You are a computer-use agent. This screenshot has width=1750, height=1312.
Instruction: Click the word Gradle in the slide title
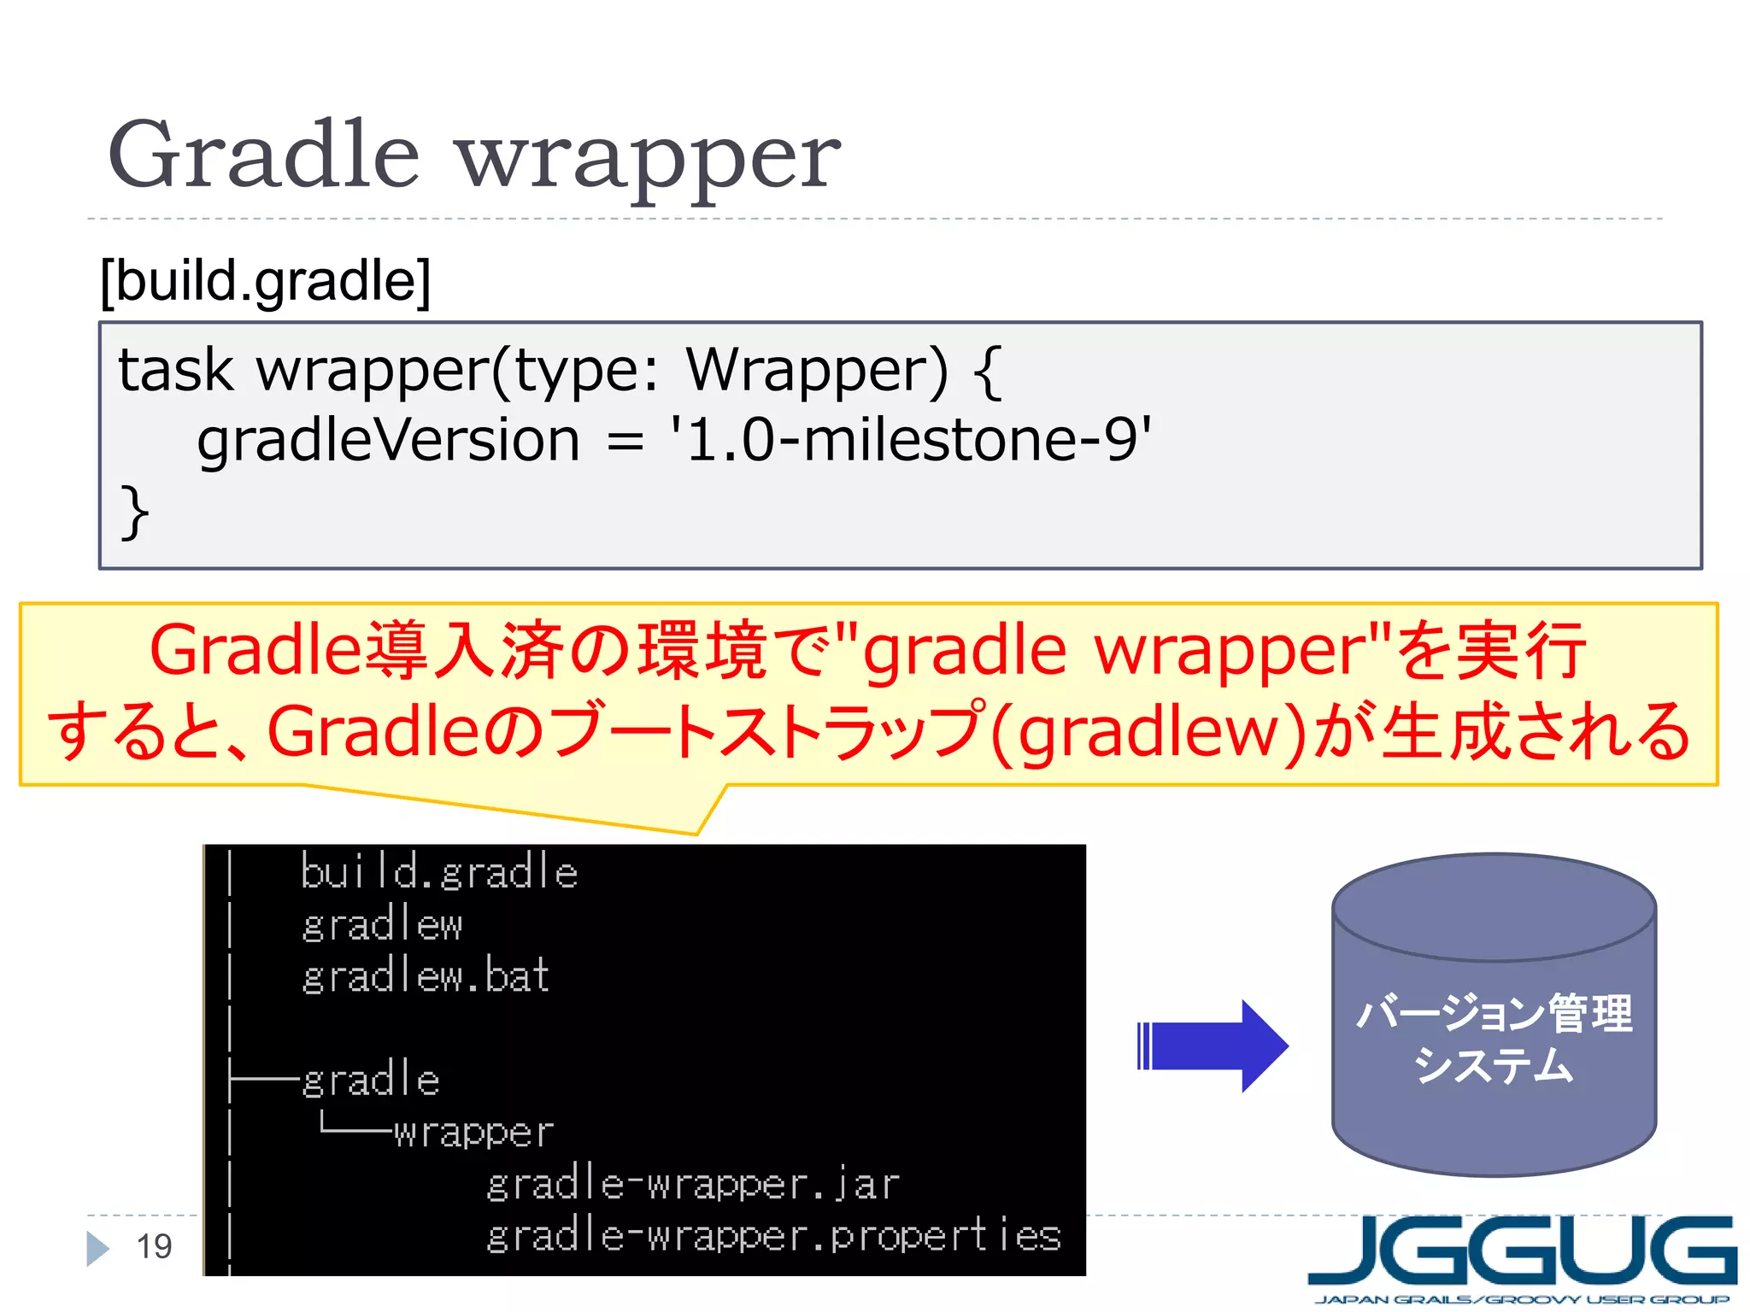[x=263, y=155]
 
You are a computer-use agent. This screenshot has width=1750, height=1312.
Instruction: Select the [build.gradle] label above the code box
[x=265, y=281]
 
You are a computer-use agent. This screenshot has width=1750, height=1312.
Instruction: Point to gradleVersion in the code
[x=389, y=441]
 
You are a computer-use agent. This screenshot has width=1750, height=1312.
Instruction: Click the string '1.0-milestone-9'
[x=911, y=441]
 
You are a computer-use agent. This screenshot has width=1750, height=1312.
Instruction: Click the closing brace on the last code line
[x=134, y=512]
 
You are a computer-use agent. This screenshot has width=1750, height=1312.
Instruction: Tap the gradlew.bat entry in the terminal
[x=426, y=976]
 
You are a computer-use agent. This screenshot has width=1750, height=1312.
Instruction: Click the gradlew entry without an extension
[x=382, y=925]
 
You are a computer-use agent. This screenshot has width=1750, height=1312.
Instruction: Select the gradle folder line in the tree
[x=371, y=1080]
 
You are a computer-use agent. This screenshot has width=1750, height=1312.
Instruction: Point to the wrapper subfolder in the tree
[x=473, y=1133]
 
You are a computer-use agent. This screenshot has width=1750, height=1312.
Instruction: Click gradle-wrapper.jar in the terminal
[x=692, y=1185]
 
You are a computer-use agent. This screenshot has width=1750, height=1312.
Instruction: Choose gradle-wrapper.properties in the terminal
[x=773, y=1236]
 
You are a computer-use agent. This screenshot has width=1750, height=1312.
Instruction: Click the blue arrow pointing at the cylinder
[x=1213, y=1045]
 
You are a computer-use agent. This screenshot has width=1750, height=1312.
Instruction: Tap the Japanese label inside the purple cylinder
[x=1494, y=1039]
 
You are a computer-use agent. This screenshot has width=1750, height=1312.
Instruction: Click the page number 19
[x=155, y=1247]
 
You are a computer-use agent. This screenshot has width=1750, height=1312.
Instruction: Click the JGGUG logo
[x=1523, y=1256]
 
